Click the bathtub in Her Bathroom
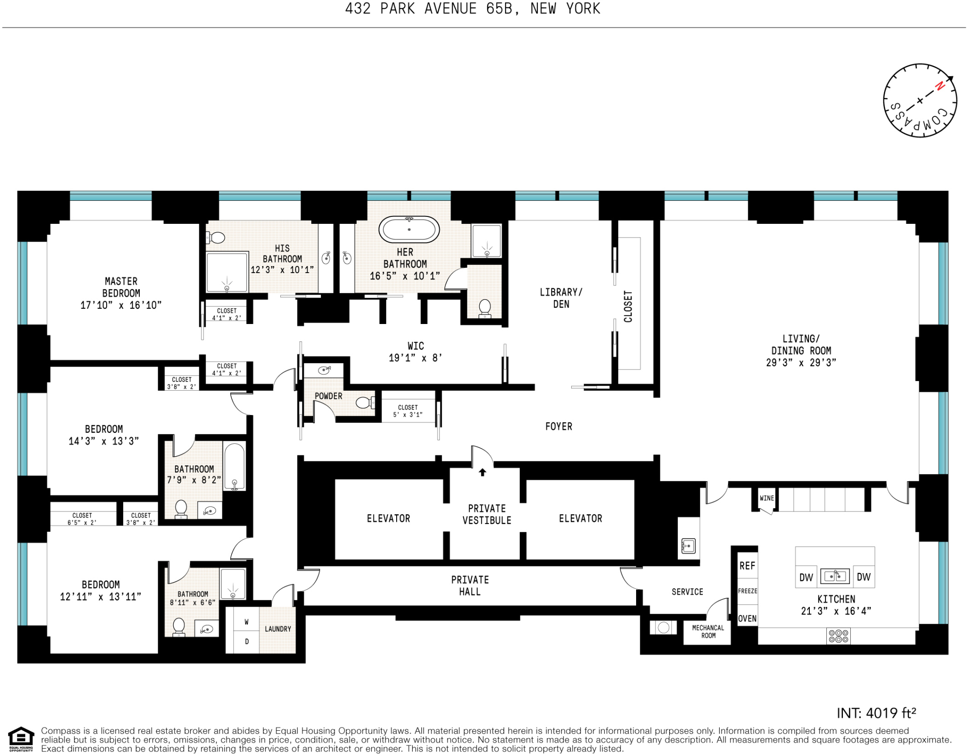pyautogui.click(x=409, y=229)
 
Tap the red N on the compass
pyautogui.click(x=940, y=86)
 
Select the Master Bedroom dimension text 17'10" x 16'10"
pyautogui.click(x=121, y=305)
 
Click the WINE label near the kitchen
pyautogui.click(x=767, y=498)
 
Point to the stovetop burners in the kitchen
pyautogui.click(x=838, y=636)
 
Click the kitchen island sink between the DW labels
pyautogui.click(x=835, y=576)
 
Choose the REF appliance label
pyautogui.click(x=747, y=566)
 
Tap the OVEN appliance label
pyautogui.click(x=747, y=619)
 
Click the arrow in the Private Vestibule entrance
pyautogui.click(x=482, y=472)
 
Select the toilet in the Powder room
pyautogui.click(x=364, y=403)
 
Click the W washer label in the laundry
pyautogui.click(x=246, y=622)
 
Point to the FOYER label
pyautogui.click(x=558, y=426)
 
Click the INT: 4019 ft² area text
pyautogui.click(x=876, y=713)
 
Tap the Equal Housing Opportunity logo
pyautogui.click(x=21, y=739)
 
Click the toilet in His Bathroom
pyautogui.click(x=216, y=238)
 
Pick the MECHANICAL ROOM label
pyautogui.click(x=708, y=631)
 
